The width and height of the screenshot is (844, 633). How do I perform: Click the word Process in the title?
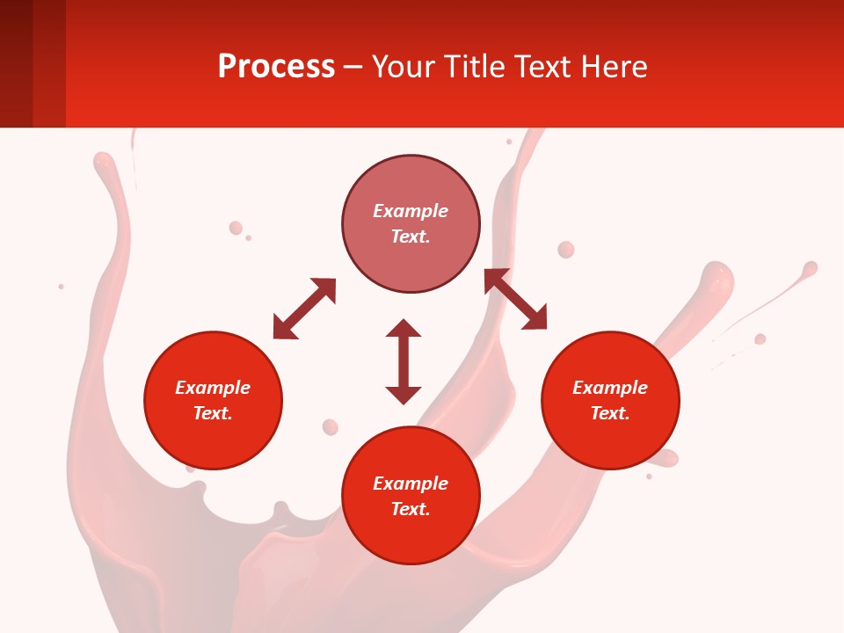coord(276,67)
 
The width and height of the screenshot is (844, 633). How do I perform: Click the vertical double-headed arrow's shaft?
coord(404,361)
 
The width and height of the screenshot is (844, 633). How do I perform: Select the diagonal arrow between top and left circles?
coord(304,309)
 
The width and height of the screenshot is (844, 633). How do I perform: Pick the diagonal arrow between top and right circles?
coord(515,300)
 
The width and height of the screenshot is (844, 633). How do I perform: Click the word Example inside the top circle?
coord(411,211)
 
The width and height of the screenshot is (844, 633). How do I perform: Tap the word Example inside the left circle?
coord(213,388)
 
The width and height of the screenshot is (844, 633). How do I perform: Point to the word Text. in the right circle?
coord(609,413)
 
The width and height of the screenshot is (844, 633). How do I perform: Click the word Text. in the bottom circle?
coord(411,509)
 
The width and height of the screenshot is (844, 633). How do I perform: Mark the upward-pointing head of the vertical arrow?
coord(404,328)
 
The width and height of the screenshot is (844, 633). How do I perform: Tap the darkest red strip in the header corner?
coord(16,63)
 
